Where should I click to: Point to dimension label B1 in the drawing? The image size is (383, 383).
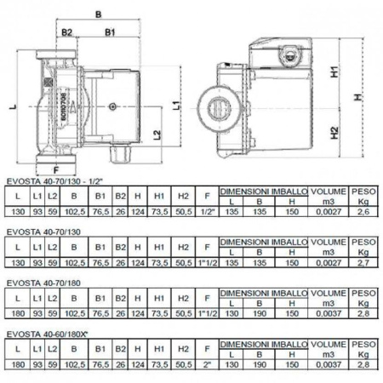click(111, 32)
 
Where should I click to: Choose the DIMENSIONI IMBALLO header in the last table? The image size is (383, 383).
click(263, 346)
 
